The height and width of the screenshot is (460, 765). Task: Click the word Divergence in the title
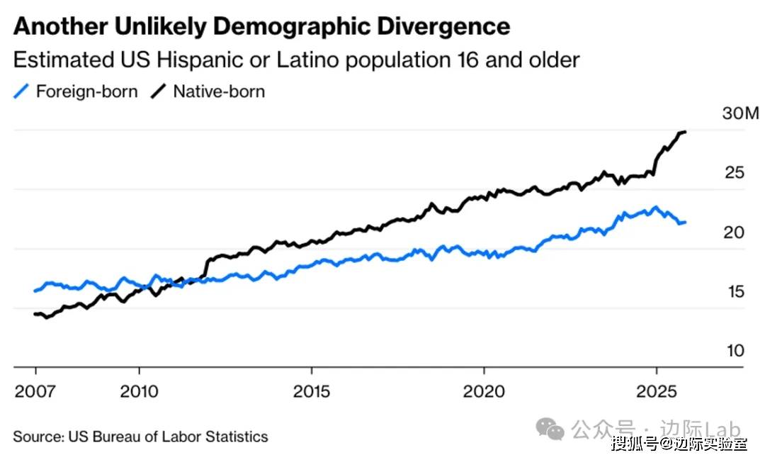(x=439, y=27)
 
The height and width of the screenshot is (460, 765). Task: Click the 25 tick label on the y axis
(x=735, y=173)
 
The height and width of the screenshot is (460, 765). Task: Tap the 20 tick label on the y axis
(x=735, y=232)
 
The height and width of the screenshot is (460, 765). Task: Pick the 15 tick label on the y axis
(x=735, y=292)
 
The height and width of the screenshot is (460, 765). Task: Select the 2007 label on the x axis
(x=35, y=391)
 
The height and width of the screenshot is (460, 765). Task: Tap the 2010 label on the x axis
(x=139, y=391)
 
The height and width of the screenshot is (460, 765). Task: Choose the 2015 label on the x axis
(x=311, y=391)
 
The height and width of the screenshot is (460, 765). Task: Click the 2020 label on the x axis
(x=484, y=391)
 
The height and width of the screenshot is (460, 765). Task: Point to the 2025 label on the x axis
(x=656, y=391)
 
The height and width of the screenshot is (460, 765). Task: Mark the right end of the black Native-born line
(x=685, y=132)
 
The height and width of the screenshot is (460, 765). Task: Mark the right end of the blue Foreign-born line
(x=685, y=222)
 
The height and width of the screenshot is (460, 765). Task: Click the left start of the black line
(x=35, y=314)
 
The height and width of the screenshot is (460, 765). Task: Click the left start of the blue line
(x=35, y=291)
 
